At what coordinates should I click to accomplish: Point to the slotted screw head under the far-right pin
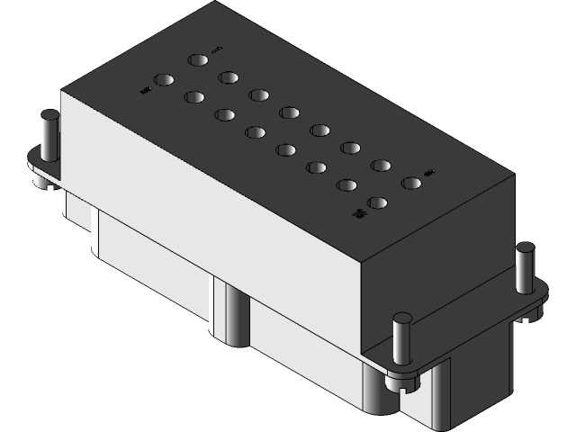click(x=530, y=310)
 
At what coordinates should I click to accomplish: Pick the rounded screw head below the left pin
click(x=40, y=181)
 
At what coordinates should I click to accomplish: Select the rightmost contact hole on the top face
click(x=411, y=184)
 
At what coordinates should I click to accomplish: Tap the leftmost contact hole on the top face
click(x=163, y=80)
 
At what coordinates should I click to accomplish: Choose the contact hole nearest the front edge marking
click(x=377, y=203)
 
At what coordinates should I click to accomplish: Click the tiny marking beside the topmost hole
click(x=217, y=49)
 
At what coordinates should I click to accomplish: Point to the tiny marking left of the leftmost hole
click(x=144, y=89)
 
